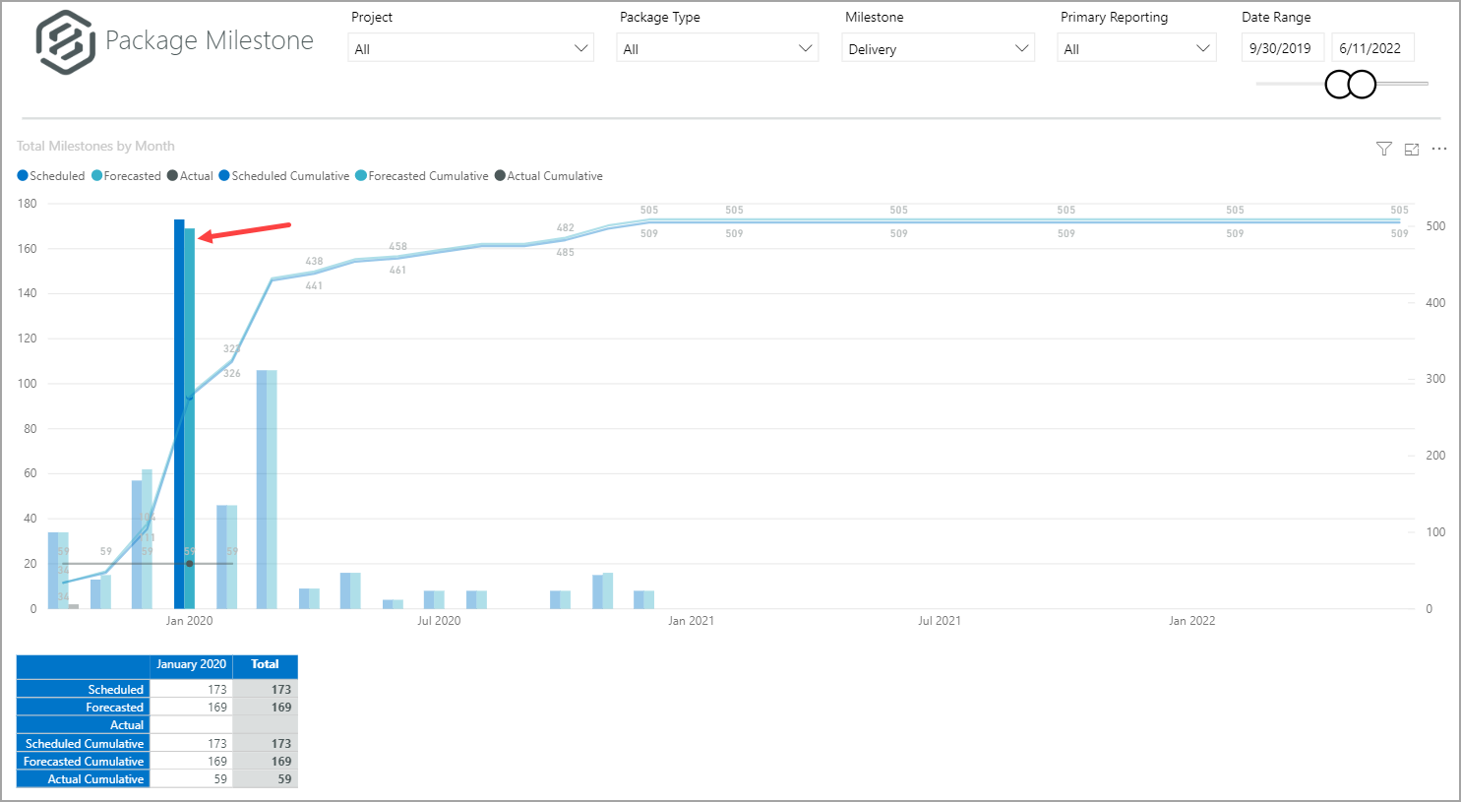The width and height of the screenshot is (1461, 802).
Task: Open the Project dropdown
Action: point(470,48)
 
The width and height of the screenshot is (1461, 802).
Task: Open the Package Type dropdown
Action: point(717,48)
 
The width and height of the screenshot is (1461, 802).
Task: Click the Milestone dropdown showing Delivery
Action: point(938,48)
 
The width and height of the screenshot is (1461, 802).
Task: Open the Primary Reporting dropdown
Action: point(1136,48)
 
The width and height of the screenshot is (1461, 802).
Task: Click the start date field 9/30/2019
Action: point(1281,48)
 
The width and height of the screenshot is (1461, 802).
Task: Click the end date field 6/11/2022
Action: point(1370,48)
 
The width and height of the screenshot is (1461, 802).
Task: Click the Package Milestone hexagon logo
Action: point(65,42)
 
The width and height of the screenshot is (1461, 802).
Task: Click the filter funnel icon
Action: point(1384,149)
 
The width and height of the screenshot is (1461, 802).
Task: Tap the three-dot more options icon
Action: point(1439,149)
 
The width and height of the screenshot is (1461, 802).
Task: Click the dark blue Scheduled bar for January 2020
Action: point(179,413)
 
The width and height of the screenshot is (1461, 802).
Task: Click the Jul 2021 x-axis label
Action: point(940,621)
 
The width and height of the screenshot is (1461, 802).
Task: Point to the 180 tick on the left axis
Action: point(28,204)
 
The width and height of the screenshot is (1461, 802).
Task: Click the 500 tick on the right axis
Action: point(1435,226)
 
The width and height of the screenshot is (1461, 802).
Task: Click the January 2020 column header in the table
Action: point(191,664)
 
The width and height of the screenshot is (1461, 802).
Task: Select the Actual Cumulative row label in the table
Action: point(95,779)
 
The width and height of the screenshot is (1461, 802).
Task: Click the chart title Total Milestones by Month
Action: point(95,146)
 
